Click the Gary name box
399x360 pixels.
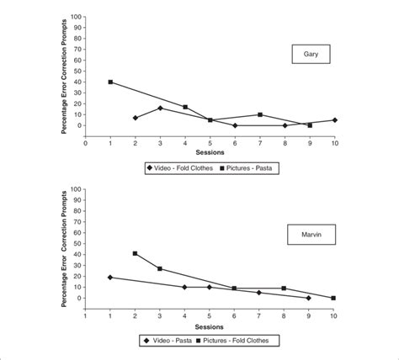tap(310, 56)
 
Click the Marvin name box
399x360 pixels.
tap(309, 230)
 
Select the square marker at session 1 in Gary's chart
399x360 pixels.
tap(110, 82)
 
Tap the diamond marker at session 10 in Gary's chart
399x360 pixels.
tap(334, 120)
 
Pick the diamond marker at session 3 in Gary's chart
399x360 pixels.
tap(160, 108)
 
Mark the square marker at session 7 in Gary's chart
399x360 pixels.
tap(260, 114)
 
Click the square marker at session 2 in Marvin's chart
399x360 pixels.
tap(136, 253)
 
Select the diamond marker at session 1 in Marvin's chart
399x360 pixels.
tap(110, 277)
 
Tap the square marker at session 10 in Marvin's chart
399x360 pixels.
tap(334, 298)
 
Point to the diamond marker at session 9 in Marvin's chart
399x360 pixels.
tap(309, 298)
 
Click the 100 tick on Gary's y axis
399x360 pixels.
tap(77, 16)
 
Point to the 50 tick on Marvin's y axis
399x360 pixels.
tap(79, 243)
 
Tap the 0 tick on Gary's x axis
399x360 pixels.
tap(85, 141)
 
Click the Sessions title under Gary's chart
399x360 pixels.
tap(210, 152)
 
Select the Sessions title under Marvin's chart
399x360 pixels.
tap(210, 326)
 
